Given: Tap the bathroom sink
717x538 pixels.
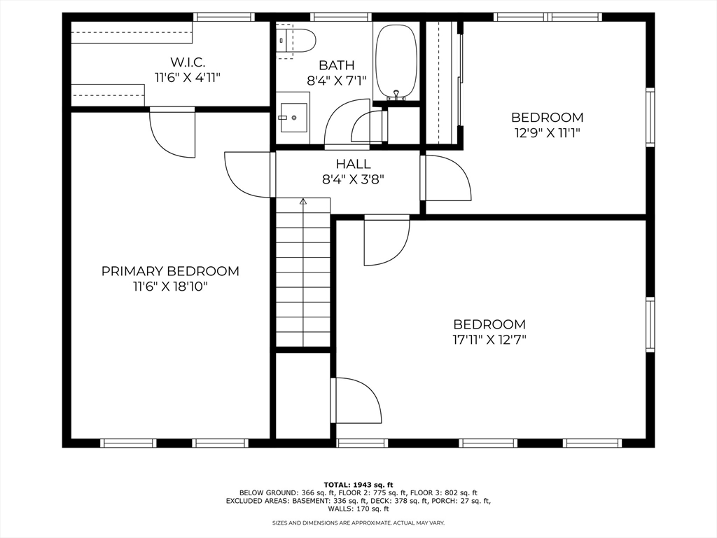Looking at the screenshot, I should click(x=294, y=118).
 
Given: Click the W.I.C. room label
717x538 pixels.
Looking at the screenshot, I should click(x=188, y=62).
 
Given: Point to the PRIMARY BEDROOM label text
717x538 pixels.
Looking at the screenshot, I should click(x=170, y=271).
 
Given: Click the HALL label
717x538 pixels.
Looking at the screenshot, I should click(x=353, y=164).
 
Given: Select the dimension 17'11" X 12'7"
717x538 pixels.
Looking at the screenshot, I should click(x=489, y=340).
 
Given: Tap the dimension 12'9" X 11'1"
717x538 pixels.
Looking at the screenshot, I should click(x=547, y=132).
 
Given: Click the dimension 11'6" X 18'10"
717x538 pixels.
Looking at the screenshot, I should click(x=170, y=286).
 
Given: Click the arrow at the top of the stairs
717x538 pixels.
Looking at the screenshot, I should click(x=303, y=202).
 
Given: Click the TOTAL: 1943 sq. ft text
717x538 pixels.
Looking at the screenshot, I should click(x=358, y=485).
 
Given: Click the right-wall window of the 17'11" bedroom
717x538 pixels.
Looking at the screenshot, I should click(x=650, y=324).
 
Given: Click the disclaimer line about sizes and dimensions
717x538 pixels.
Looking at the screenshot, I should click(x=358, y=523).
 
